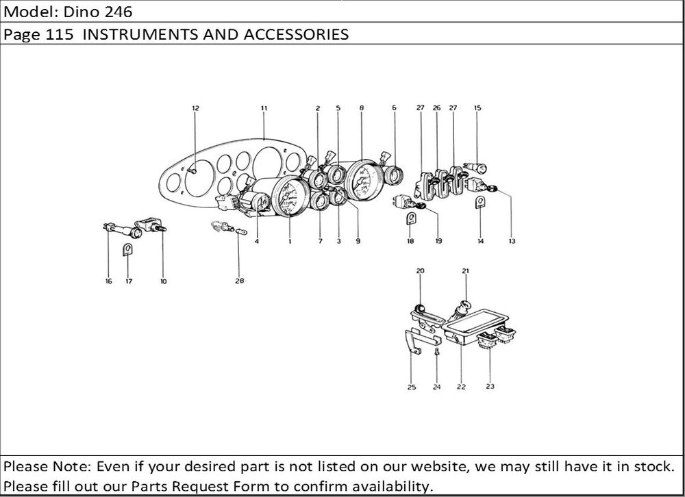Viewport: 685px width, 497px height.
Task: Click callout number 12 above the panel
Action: [x=195, y=108]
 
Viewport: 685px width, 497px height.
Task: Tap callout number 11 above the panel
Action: [x=264, y=108]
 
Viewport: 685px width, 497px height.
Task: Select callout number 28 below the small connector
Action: [x=240, y=280]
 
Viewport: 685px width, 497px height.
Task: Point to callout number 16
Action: [x=108, y=281]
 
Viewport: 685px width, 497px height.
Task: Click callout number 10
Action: [x=163, y=281]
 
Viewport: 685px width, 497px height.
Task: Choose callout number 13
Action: [x=512, y=241]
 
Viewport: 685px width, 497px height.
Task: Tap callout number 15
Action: [x=477, y=108]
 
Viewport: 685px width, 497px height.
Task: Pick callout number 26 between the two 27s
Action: [x=437, y=108]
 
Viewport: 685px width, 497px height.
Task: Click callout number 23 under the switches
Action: [x=490, y=387]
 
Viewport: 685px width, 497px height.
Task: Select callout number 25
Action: [x=412, y=387]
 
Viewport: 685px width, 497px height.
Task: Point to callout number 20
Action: [x=420, y=271]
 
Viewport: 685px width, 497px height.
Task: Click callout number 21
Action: [x=465, y=271]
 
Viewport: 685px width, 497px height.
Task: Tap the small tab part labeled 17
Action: [x=127, y=250]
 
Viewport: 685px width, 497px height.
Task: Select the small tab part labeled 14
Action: [x=480, y=201]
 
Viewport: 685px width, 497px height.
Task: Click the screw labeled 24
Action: [x=437, y=353]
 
